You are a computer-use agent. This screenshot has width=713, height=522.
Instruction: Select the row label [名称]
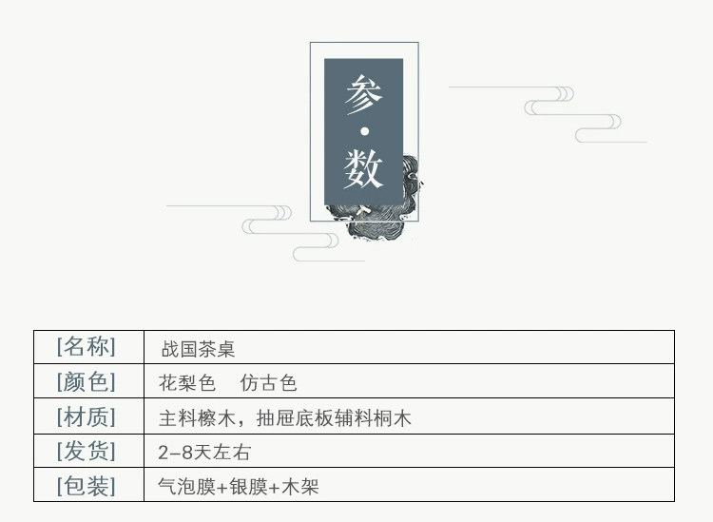click(x=87, y=346)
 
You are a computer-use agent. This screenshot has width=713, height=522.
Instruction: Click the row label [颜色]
click(x=87, y=382)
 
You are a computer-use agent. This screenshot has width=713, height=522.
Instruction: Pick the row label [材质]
click(x=87, y=416)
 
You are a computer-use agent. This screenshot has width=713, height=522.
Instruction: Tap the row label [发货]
click(x=87, y=451)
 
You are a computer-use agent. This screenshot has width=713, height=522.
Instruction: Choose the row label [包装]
click(x=87, y=486)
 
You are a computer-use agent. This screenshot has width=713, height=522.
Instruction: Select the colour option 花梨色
click(x=187, y=383)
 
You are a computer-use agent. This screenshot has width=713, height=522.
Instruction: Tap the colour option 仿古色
click(x=269, y=383)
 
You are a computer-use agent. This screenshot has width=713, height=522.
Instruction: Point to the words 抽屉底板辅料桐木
click(x=334, y=417)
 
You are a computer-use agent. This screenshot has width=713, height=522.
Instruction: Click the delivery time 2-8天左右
click(x=204, y=453)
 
